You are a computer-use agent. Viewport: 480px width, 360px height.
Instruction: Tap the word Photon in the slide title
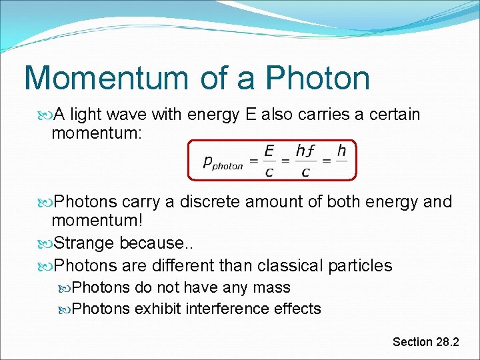click(x=318, y=78)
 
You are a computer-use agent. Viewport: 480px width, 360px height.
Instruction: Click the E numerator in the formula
click(x=269, y=151)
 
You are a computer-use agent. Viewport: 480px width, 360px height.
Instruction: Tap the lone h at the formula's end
click(x=341, y=151)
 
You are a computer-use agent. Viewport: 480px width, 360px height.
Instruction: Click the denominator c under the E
click(x=269, y=172)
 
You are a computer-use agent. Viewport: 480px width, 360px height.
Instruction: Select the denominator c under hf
click(x=305, y=172)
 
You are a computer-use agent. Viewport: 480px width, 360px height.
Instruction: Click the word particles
click(x=361, y=265)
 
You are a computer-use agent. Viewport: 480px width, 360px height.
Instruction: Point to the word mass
click(x=275, y=288)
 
